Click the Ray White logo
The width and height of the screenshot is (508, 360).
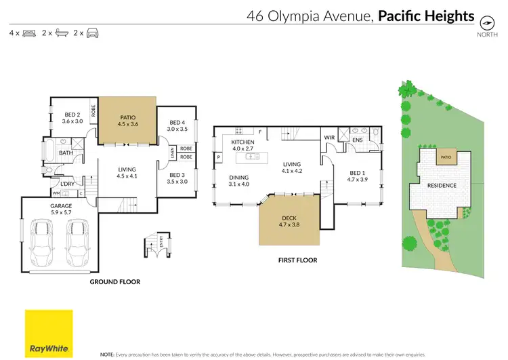point(49,334)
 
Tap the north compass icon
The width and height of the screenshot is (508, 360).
point(487,23)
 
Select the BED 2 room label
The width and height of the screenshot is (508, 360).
point(72,115)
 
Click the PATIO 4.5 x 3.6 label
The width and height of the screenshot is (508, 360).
point(128,121)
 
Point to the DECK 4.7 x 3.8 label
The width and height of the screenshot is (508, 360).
point(289,221)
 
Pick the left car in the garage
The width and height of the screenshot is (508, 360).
point(41,243)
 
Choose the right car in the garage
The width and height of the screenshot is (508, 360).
point(77,243)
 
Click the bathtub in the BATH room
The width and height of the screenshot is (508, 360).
point(49,150)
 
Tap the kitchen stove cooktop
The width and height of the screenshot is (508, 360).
point(239,131)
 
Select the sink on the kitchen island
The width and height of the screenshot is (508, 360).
point(253,157)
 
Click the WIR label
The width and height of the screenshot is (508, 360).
point(329,138)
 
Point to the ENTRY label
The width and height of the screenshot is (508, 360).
point(161,241)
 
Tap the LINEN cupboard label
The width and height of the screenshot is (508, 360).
point(172,153)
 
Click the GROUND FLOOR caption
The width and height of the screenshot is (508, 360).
point(115,282)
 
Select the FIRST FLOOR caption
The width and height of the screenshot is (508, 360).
point(298,260)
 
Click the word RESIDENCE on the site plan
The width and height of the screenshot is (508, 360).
point(442,186)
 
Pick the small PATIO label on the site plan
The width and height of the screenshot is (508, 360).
point(446,157)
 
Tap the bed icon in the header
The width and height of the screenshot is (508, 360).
point(29,33)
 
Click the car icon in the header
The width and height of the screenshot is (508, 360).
point(92,33)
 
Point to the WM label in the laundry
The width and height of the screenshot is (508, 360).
point(56,193)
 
